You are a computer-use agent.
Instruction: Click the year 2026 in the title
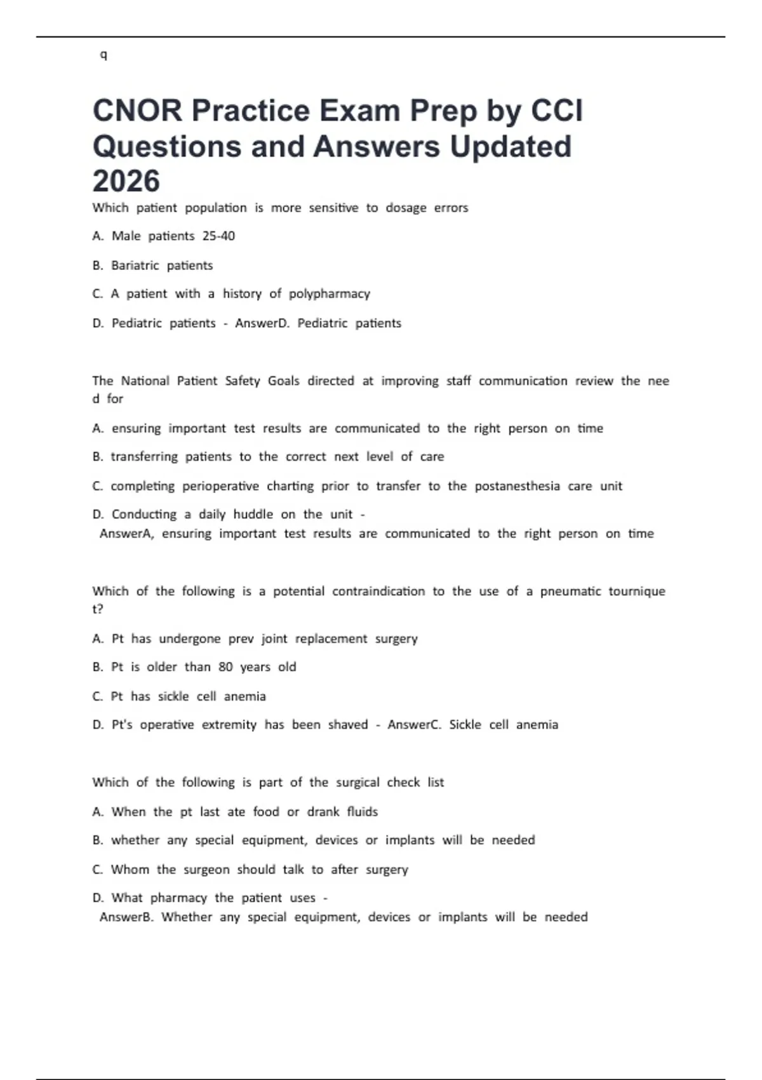tap(126, 181)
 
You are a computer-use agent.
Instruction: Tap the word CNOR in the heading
tap(137, 111)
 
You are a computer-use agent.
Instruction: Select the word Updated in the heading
tap(511, 146)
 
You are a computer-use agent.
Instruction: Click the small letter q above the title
tap(104, 55)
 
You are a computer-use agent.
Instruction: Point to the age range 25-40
tap(218, 236)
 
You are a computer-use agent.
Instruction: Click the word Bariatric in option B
tap(135, 266)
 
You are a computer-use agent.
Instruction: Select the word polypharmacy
tap(329, 294)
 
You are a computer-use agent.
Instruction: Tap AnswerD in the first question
tap(258, 323)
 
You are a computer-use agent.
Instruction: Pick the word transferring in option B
tap(144, 457)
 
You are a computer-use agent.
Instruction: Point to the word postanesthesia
tap(517, 486)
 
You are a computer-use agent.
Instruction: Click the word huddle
tap(253, 515)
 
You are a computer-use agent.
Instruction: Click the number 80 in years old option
tap(225, 667)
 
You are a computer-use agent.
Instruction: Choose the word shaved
tap(347, 725)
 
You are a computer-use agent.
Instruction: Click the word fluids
tap(362, 812)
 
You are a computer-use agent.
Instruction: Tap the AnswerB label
tap(126, 917)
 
